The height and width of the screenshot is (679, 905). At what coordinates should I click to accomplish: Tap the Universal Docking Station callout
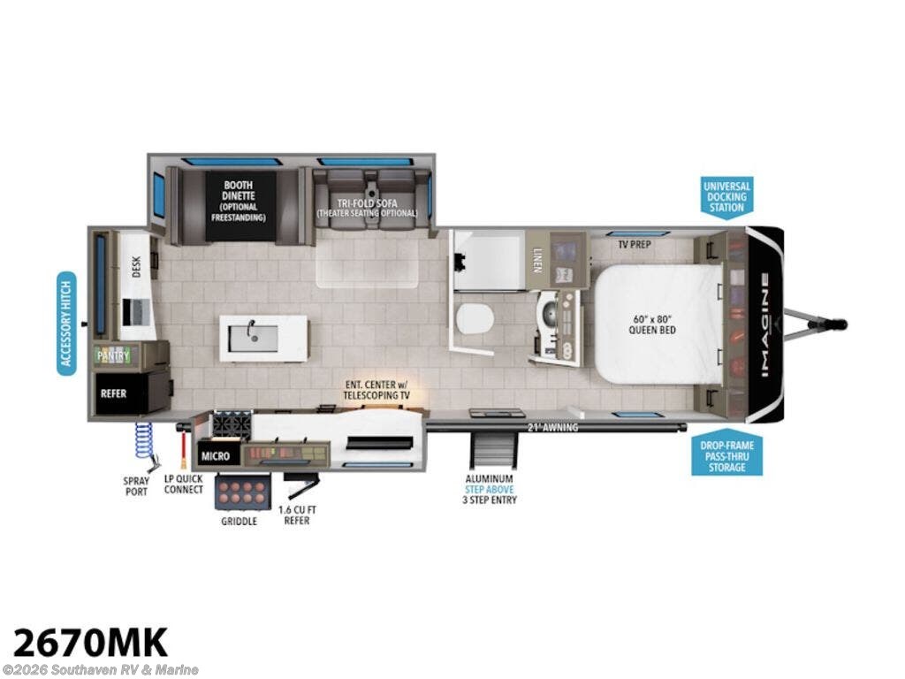(726, 196)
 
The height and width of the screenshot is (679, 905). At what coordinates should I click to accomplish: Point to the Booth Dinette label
(240, 201)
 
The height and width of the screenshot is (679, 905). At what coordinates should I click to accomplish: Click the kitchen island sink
(254, 336)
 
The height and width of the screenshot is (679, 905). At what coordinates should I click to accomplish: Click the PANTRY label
(114, 355)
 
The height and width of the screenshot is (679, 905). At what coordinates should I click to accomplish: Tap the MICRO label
(216, 456)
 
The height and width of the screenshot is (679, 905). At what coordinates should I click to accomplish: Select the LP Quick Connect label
(184, 484)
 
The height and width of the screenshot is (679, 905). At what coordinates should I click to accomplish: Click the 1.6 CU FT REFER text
(294, 515)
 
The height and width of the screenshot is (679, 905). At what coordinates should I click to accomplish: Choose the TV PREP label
(634, 245)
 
